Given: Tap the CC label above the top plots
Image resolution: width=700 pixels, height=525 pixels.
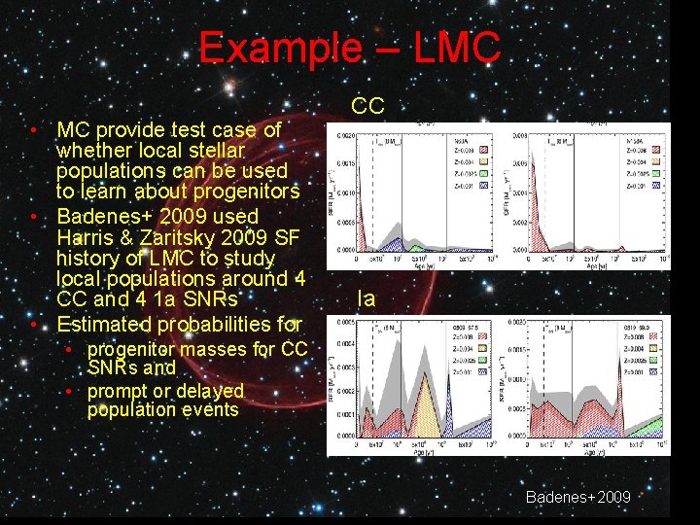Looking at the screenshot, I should tap(367, 106).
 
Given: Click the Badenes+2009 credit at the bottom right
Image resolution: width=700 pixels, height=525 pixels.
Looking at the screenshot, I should tap(577, 497).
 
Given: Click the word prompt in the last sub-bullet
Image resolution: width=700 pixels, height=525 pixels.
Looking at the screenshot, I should tap(118, 391).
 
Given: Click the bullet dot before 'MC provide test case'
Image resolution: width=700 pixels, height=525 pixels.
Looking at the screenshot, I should tap(33, 130).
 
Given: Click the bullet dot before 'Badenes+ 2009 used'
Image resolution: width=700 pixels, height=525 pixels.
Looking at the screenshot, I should tap(33, 217).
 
